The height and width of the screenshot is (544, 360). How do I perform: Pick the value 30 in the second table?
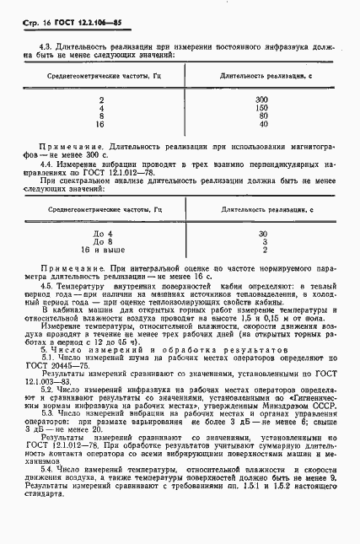262,234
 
